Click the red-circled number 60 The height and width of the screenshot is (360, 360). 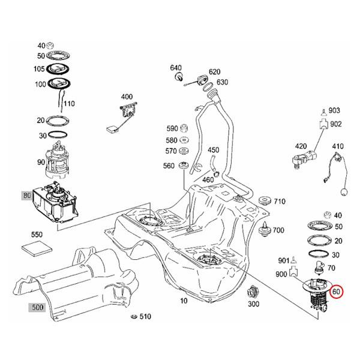[x=337, y=292]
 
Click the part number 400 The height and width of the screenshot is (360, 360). [x=127, y=97]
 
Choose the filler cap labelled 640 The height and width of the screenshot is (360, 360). [x=179, y=78]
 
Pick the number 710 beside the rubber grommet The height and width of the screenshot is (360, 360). [x=280, y=202]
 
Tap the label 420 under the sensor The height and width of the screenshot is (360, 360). [x=301, y=146]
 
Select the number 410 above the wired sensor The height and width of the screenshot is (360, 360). [x=338, y=146]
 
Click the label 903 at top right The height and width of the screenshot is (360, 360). [x=334, y=111]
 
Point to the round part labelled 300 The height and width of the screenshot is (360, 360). [x=253, y=294]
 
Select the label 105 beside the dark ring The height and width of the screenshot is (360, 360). [x=40, y=68]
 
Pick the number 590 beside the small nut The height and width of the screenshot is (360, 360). [x=172, y=128]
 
